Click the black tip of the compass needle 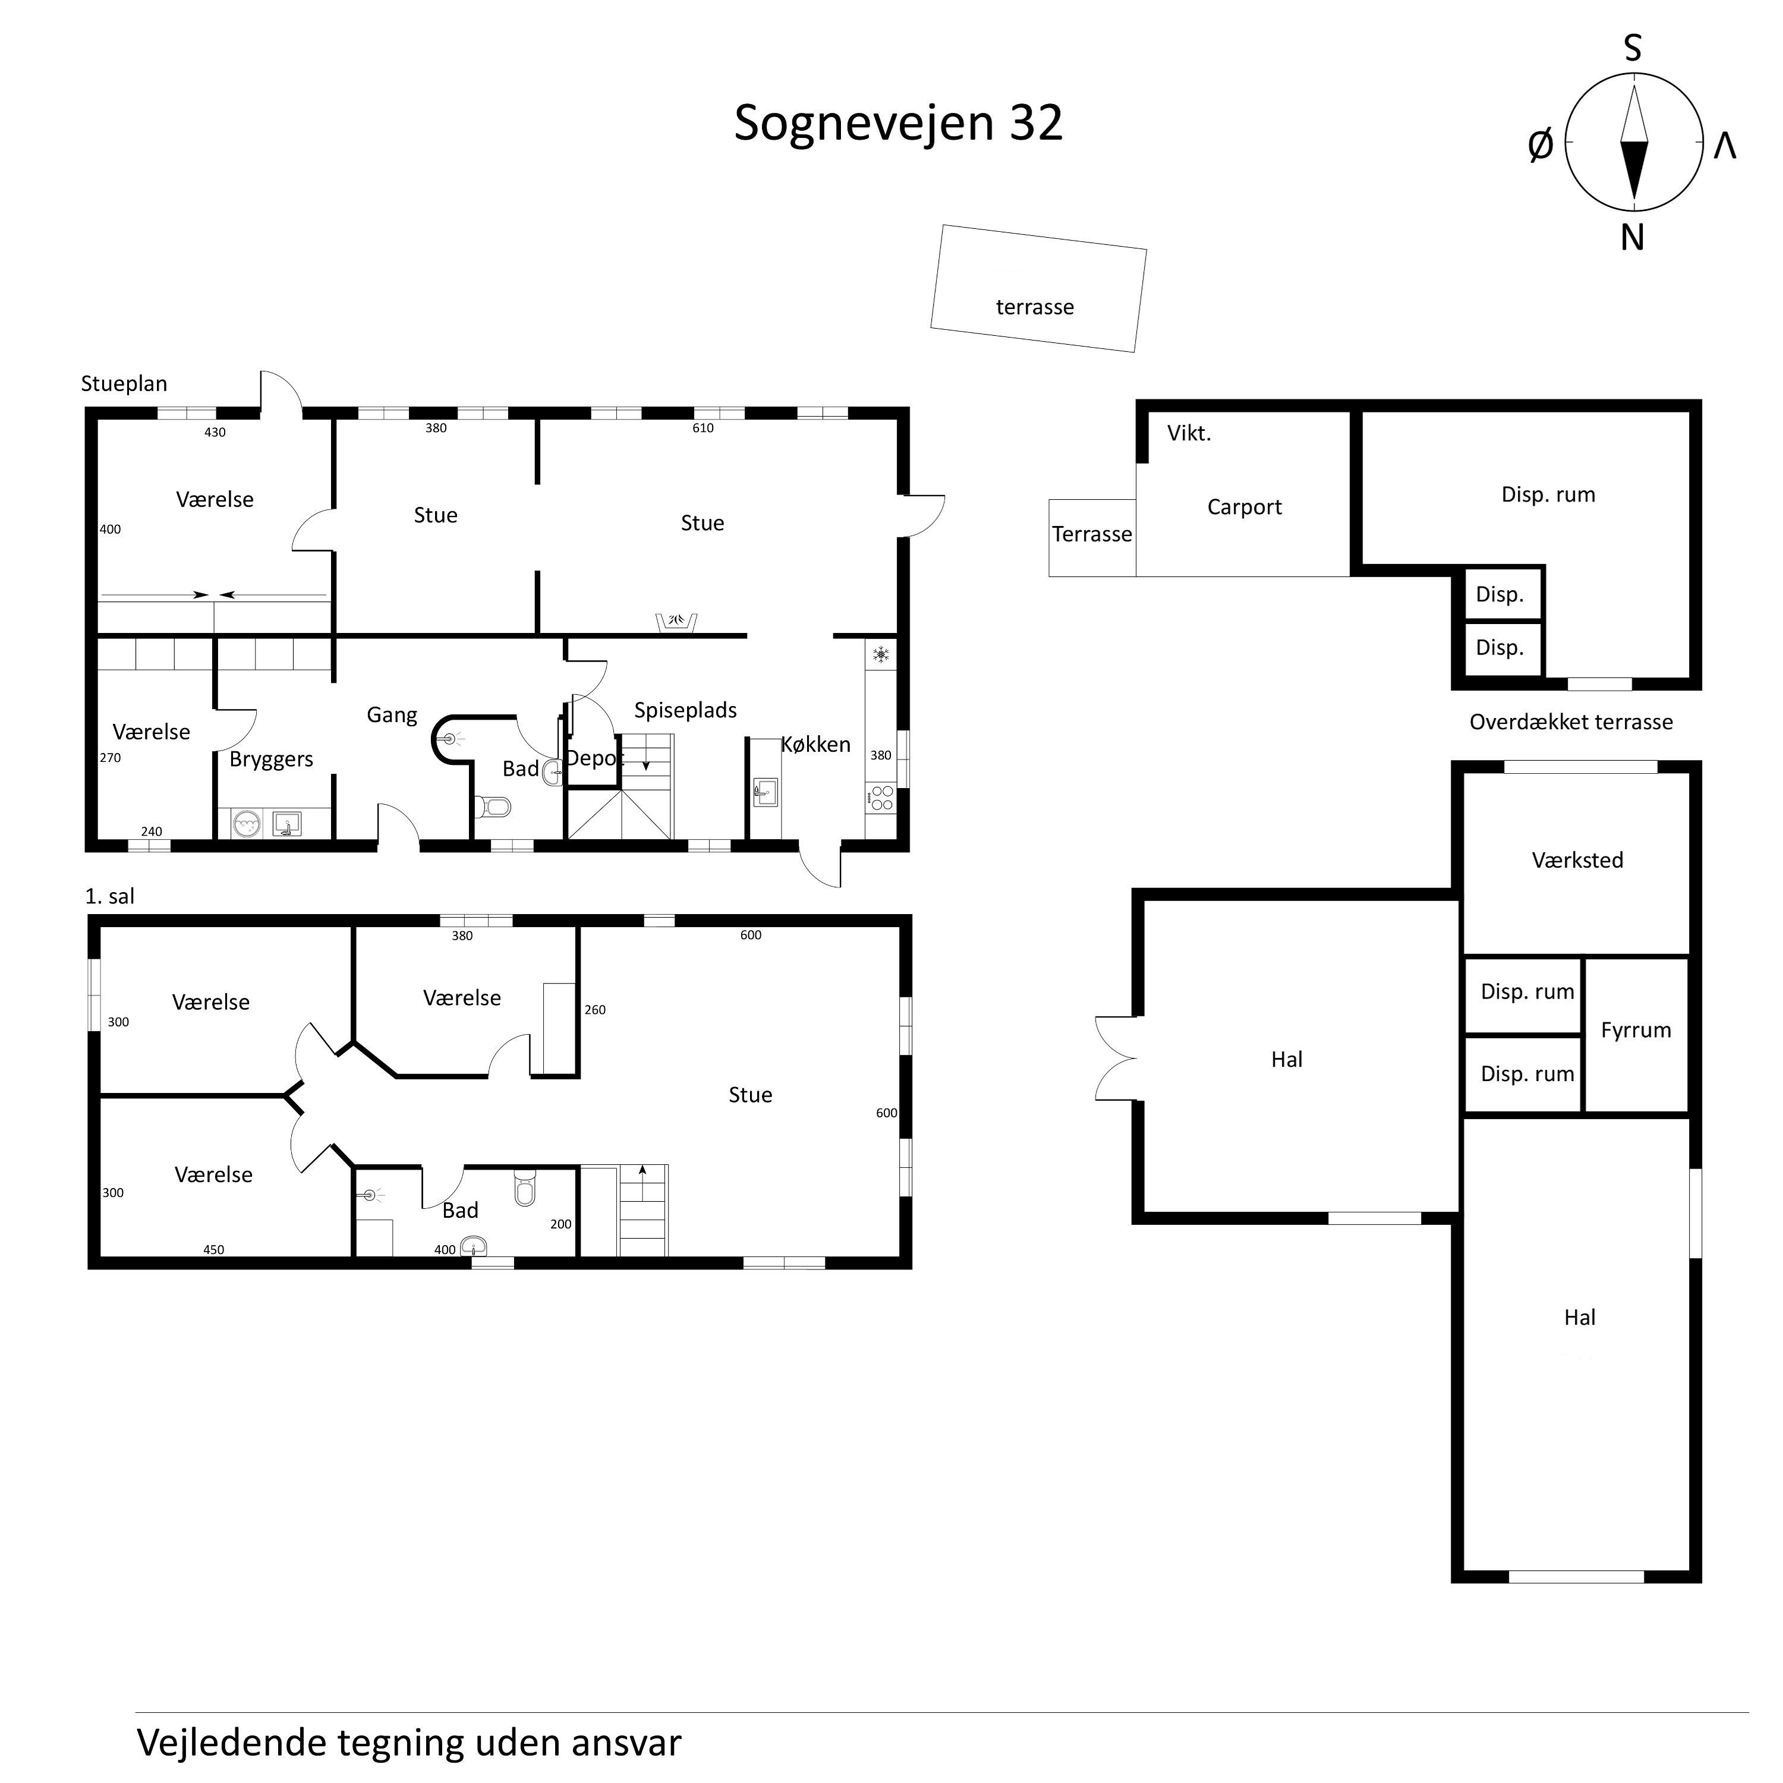(x=1633, y=201)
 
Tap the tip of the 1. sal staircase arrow (x=642, y=1165)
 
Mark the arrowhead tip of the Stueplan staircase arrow (x=646, y=770)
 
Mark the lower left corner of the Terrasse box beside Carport (x=1050, y=577)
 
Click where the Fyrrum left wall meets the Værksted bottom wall (x=1584, y=956)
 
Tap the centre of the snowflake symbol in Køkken (x=881, y=655)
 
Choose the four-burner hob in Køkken (x=881, y=798)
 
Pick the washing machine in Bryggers (x=247, y=823)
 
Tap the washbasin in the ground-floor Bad (x=553, y=771)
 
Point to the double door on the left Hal (x=1116, y=1059)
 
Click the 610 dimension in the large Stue (x=703, y=428)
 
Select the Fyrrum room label (x=1636, y=1031)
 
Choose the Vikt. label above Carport (x=1189, y=434)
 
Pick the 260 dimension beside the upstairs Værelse (x=596, y=1010)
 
